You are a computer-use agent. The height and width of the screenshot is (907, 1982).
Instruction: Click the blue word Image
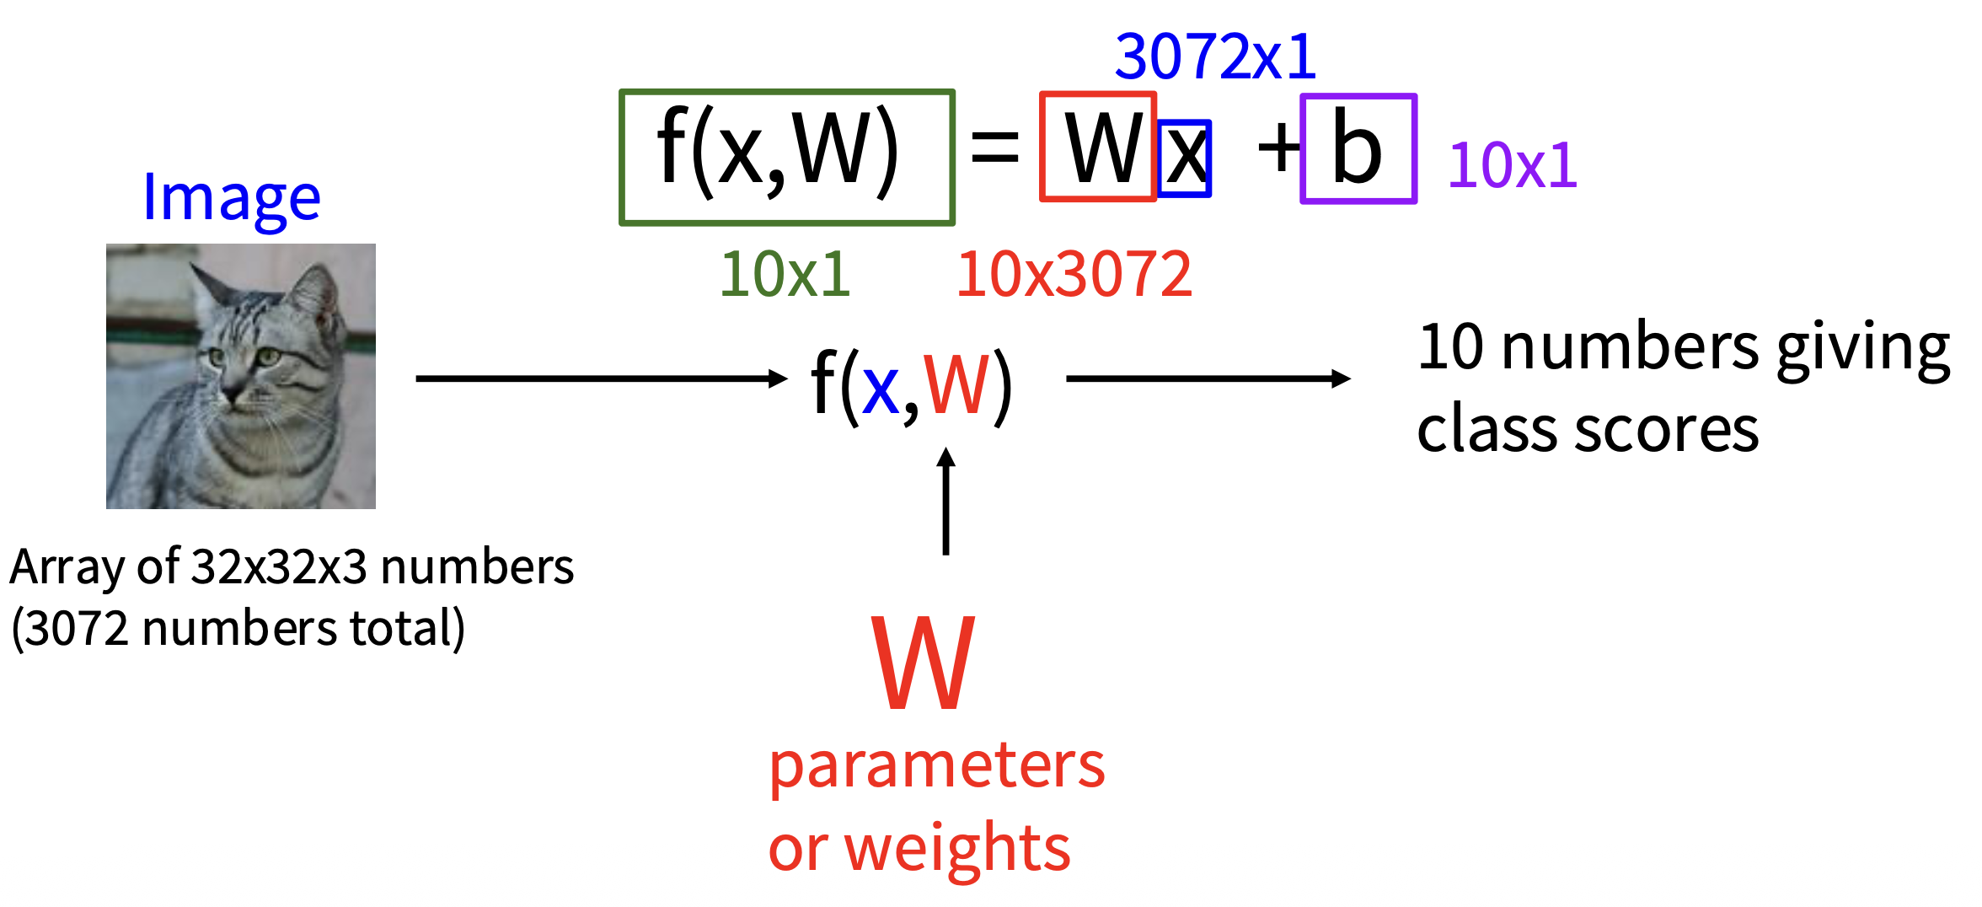click(x=232, y=199)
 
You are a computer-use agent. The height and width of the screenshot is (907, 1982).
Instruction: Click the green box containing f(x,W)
click(x=786, y=158)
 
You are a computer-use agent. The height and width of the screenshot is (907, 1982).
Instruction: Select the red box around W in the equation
click(x=1097, y=147)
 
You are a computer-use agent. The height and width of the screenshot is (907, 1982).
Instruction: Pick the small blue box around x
click(x=1186, y=158)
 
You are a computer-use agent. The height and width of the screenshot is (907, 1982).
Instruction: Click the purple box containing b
click(x=1358, y=149)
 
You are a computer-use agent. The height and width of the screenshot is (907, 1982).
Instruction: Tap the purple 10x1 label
click(x=1512, y=165)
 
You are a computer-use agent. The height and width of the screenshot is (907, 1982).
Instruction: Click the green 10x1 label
click(x=785, y=275)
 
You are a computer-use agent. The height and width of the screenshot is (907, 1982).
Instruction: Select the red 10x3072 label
click(x=1074, y=275)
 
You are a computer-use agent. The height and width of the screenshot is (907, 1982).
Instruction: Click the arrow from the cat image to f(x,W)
click(x=600, y=378)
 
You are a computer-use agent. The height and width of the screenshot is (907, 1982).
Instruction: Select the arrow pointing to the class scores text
click(x=1207, y=378)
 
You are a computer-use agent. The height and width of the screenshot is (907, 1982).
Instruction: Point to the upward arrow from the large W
click(x=945, y=501)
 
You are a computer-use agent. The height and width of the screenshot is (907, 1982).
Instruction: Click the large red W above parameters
click(x=924, y=663)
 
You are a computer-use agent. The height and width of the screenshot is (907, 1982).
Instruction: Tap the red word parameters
click(x=936, y=767)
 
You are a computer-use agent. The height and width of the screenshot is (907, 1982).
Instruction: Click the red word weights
click(x=956, y=849)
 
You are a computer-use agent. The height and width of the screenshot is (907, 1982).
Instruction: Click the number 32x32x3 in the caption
click(x=279, y=567)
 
